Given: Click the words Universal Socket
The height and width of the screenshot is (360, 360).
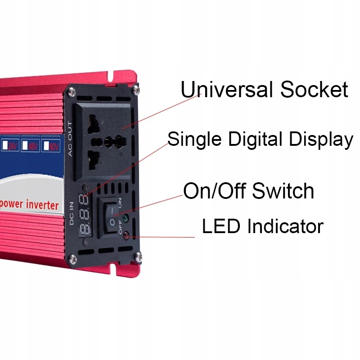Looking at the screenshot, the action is (x=264, y=90).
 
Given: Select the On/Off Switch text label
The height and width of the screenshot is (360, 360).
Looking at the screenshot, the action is (x=248, y=191).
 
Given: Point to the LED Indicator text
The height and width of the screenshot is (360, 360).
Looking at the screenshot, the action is (x=262, y=226).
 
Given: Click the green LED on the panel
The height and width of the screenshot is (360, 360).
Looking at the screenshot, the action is (x=126, y=220).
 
